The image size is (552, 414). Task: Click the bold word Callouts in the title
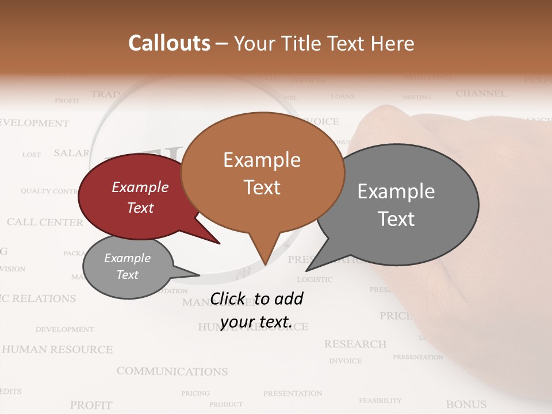(169, 43)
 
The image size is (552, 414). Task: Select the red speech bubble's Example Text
(140, 197)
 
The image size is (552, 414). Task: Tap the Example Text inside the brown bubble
(262, 173)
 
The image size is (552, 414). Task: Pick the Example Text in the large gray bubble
(396, 205)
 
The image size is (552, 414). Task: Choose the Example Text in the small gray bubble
(127, 266)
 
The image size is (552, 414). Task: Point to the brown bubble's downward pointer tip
(265, 264)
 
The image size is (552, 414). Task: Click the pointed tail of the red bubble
(218, 243)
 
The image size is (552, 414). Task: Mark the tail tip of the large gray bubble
(307, 270)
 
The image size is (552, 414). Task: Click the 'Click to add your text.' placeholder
(256, 310)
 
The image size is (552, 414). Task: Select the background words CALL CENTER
(45, 222)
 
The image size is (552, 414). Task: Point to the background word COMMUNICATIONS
(172, 371)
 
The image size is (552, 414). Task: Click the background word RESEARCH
(355, 344)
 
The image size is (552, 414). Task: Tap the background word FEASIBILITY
(380, 400)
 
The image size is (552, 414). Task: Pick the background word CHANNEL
(481, 93)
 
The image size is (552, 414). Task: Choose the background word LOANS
(343, 97)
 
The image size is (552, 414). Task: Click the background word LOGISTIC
(315, 279)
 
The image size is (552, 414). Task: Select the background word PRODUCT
(225, 404)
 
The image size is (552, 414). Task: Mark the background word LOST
(32, 155)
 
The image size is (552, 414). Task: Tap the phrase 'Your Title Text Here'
(324, 43)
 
